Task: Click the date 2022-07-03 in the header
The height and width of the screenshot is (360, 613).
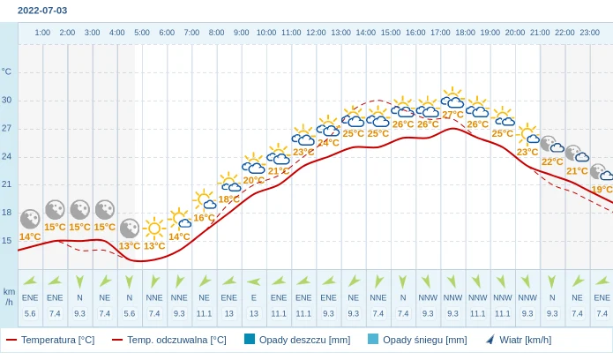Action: pyautogui.click(x=42, y=11)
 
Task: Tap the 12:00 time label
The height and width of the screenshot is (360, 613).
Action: pyautogui.click(x=316, y=33)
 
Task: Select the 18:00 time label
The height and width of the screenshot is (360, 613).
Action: pyautogui.click(x=465, y=33)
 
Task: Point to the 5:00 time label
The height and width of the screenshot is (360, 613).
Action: pyautogui.click(x=142, y=33)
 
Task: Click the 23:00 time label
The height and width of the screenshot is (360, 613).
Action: pyautogui.click(x=590, y=33)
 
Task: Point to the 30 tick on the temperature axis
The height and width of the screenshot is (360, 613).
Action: pyautogui.click(x=7, y=100)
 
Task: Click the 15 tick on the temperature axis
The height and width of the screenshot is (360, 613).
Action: pyautogui.click(x=7, y=240)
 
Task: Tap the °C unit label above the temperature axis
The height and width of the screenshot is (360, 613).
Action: pyautogui.click(x=7, y=71)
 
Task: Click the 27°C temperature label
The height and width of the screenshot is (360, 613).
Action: pyautogui.click(x=453, y=115)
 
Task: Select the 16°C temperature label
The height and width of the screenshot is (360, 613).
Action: pyautogui.click(x=204, y=218)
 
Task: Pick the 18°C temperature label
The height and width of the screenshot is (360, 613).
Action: pyautogui.click(x=229, y=199)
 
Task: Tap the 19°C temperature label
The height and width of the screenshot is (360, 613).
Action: pyautogui.click(x=602, y=190)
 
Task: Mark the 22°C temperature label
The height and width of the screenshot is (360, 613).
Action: pyautogui.click(x=552, y=161)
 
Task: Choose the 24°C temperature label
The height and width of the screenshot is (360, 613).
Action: pyautogui.click(x=328, y=143)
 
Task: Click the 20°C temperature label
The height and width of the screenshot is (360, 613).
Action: pyautogui.click(x=254, y=181)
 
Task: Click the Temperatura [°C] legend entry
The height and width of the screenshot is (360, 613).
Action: pyautogui.click(x=50, y=340)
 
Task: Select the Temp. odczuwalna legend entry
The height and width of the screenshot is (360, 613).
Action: pyautogui.click(x=169, y=340)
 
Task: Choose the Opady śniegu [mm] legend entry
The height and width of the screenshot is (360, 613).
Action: pyautogui.click(x=417, y=340)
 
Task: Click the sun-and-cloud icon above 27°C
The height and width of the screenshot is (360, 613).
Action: pyautogui.click(x=452, y=98)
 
